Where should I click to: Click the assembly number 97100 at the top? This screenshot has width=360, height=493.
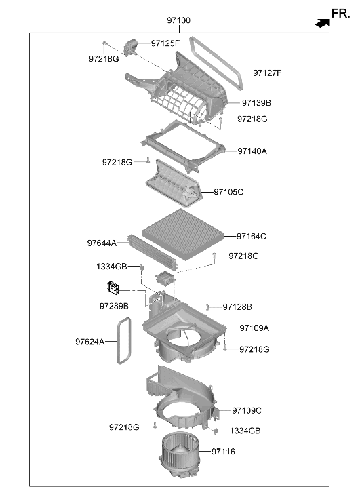178,20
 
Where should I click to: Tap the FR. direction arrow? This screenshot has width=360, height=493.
323,23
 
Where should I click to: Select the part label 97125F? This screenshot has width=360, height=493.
165,43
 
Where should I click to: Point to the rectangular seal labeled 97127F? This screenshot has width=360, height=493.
216,62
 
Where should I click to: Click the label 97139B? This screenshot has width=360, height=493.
256,103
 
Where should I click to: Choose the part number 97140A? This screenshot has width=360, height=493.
252,151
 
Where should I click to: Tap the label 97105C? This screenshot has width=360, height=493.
228,192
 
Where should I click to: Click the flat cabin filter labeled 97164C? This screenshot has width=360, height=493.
183,235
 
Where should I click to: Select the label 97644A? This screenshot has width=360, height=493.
102,243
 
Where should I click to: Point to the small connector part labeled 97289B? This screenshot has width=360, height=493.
113,288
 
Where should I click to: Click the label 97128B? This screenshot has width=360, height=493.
237,307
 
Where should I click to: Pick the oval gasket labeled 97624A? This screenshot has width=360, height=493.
124,341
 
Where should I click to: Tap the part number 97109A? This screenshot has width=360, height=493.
254,328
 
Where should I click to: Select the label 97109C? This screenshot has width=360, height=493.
247,411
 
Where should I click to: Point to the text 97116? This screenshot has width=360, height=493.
223,452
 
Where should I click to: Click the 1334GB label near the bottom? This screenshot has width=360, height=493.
245,431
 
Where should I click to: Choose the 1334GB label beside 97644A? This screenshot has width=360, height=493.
112,267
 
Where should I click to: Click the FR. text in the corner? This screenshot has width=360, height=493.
341,14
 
